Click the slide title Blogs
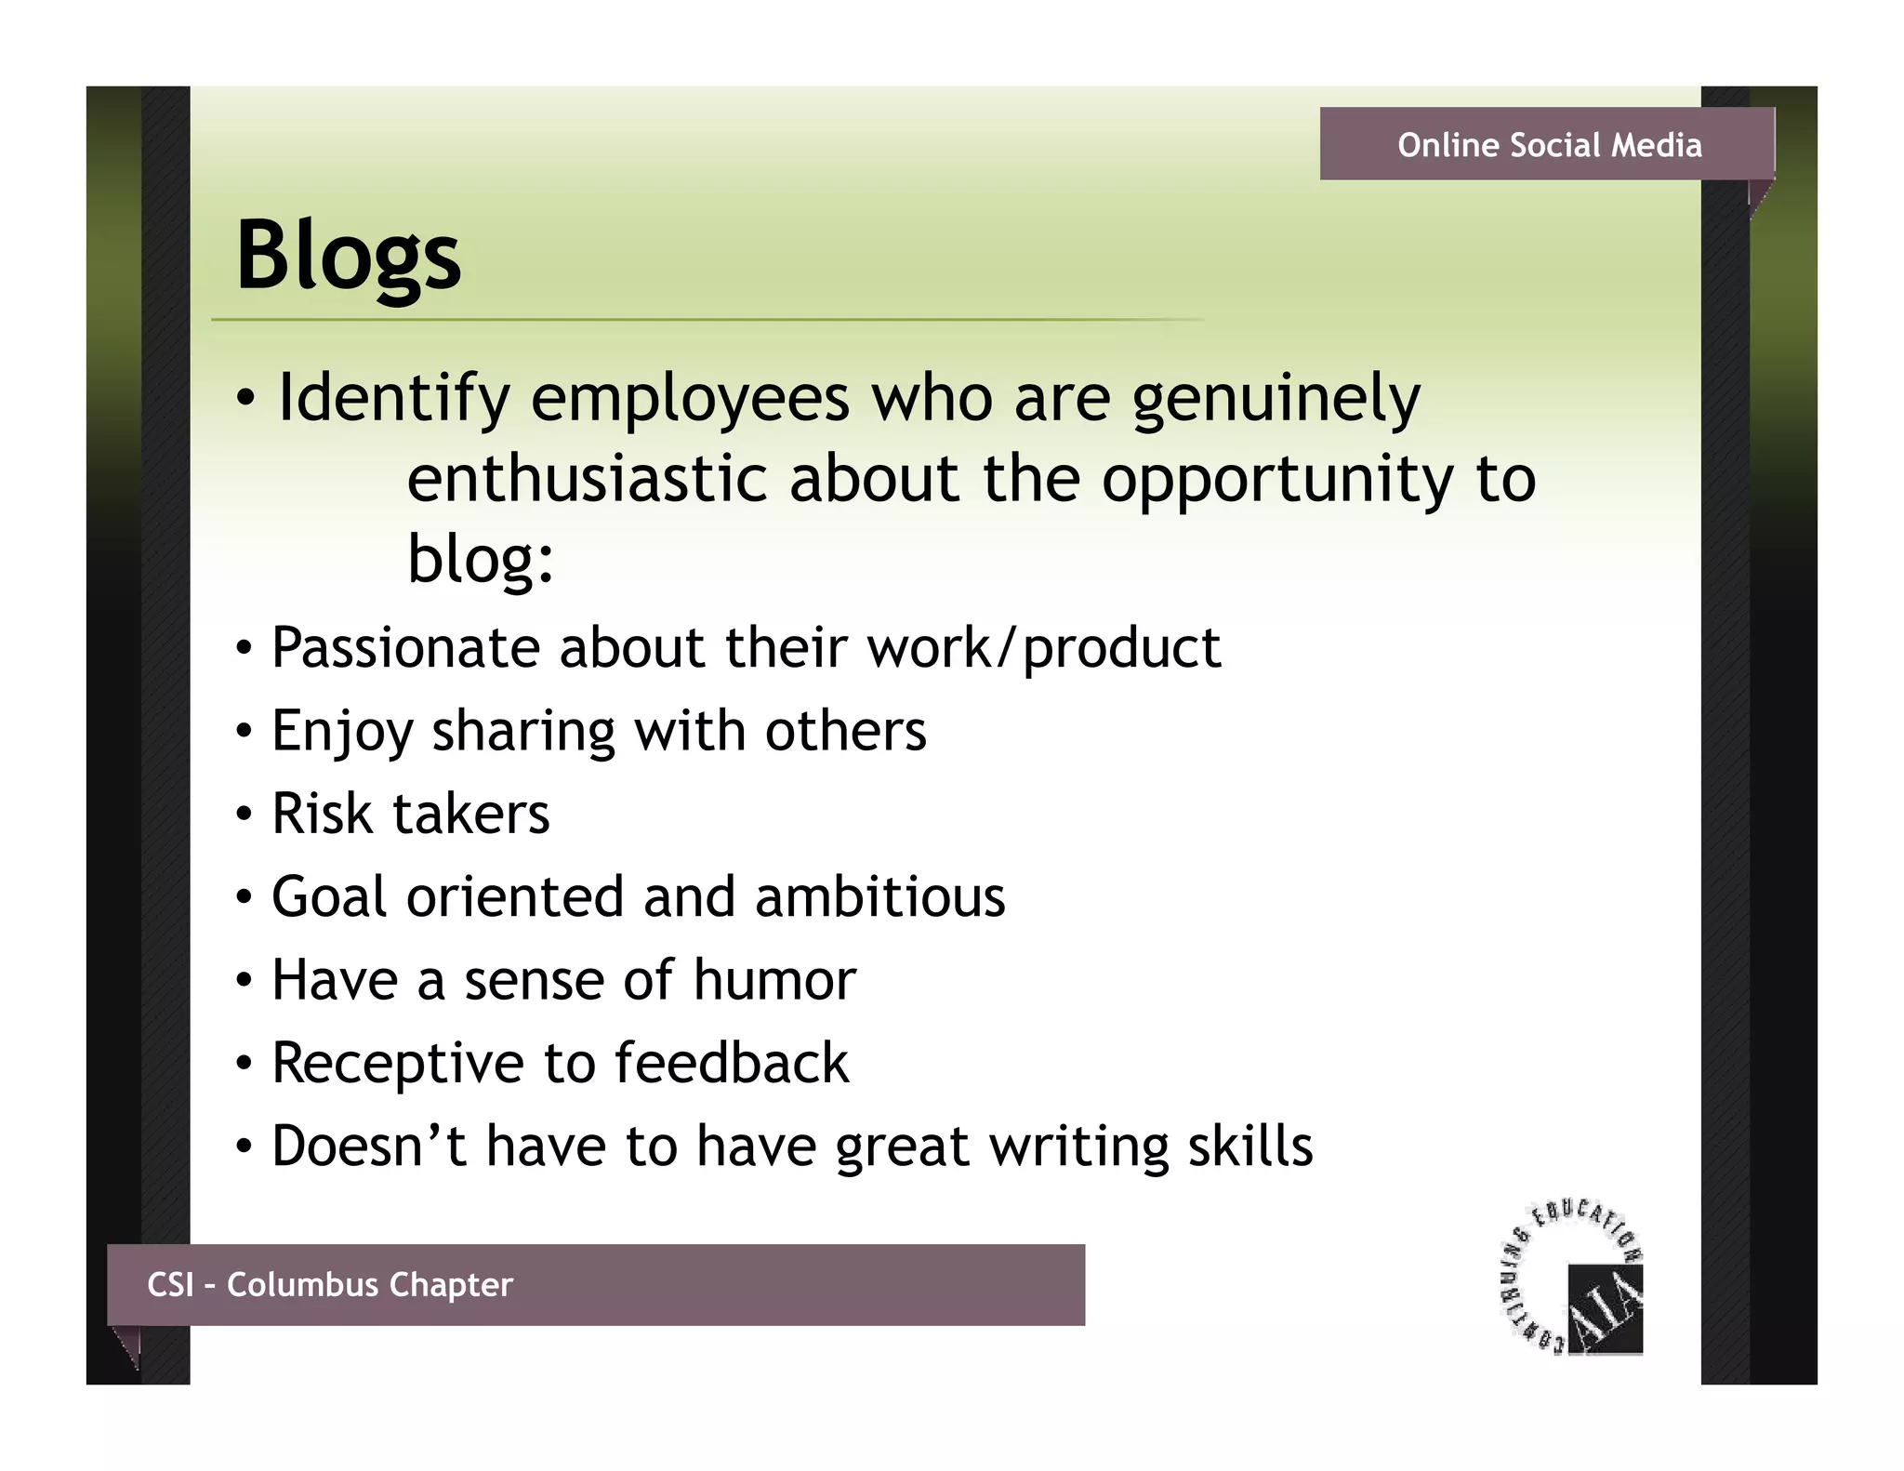pos(348,255)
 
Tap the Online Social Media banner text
pos(1549,145)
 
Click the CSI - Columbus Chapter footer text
pos(329,1284)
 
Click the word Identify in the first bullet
pos(393,398)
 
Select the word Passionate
pos(405,647)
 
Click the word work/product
pos(1043,647)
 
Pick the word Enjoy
pos(341,731)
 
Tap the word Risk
pos(322,814)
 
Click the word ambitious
pos(879,897)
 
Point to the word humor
pos(773,980)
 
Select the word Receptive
pos(397,1063)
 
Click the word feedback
pos(731,1063)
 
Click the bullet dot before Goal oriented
pos(243,898)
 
